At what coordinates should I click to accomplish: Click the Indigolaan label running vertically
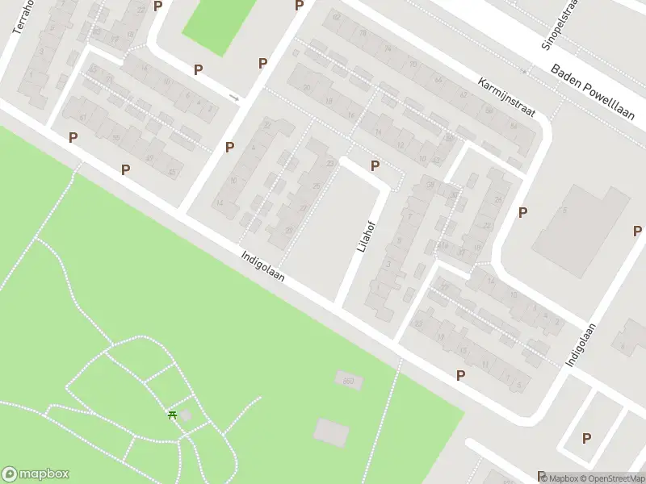point(581,345)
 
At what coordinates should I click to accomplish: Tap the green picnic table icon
point(172,415)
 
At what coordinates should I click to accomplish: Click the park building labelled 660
point(347,380)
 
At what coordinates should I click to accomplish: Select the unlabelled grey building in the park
point(330,432)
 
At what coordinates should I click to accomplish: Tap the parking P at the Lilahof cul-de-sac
point(375,165)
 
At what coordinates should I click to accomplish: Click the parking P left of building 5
point(523,212)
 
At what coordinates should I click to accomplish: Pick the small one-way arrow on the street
point(234,98)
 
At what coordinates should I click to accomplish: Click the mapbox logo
point(36,474)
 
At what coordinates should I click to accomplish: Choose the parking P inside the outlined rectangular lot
point(587,438)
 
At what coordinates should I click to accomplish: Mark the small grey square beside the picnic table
point(185,415)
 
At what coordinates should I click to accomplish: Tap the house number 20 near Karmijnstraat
point(413,64)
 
